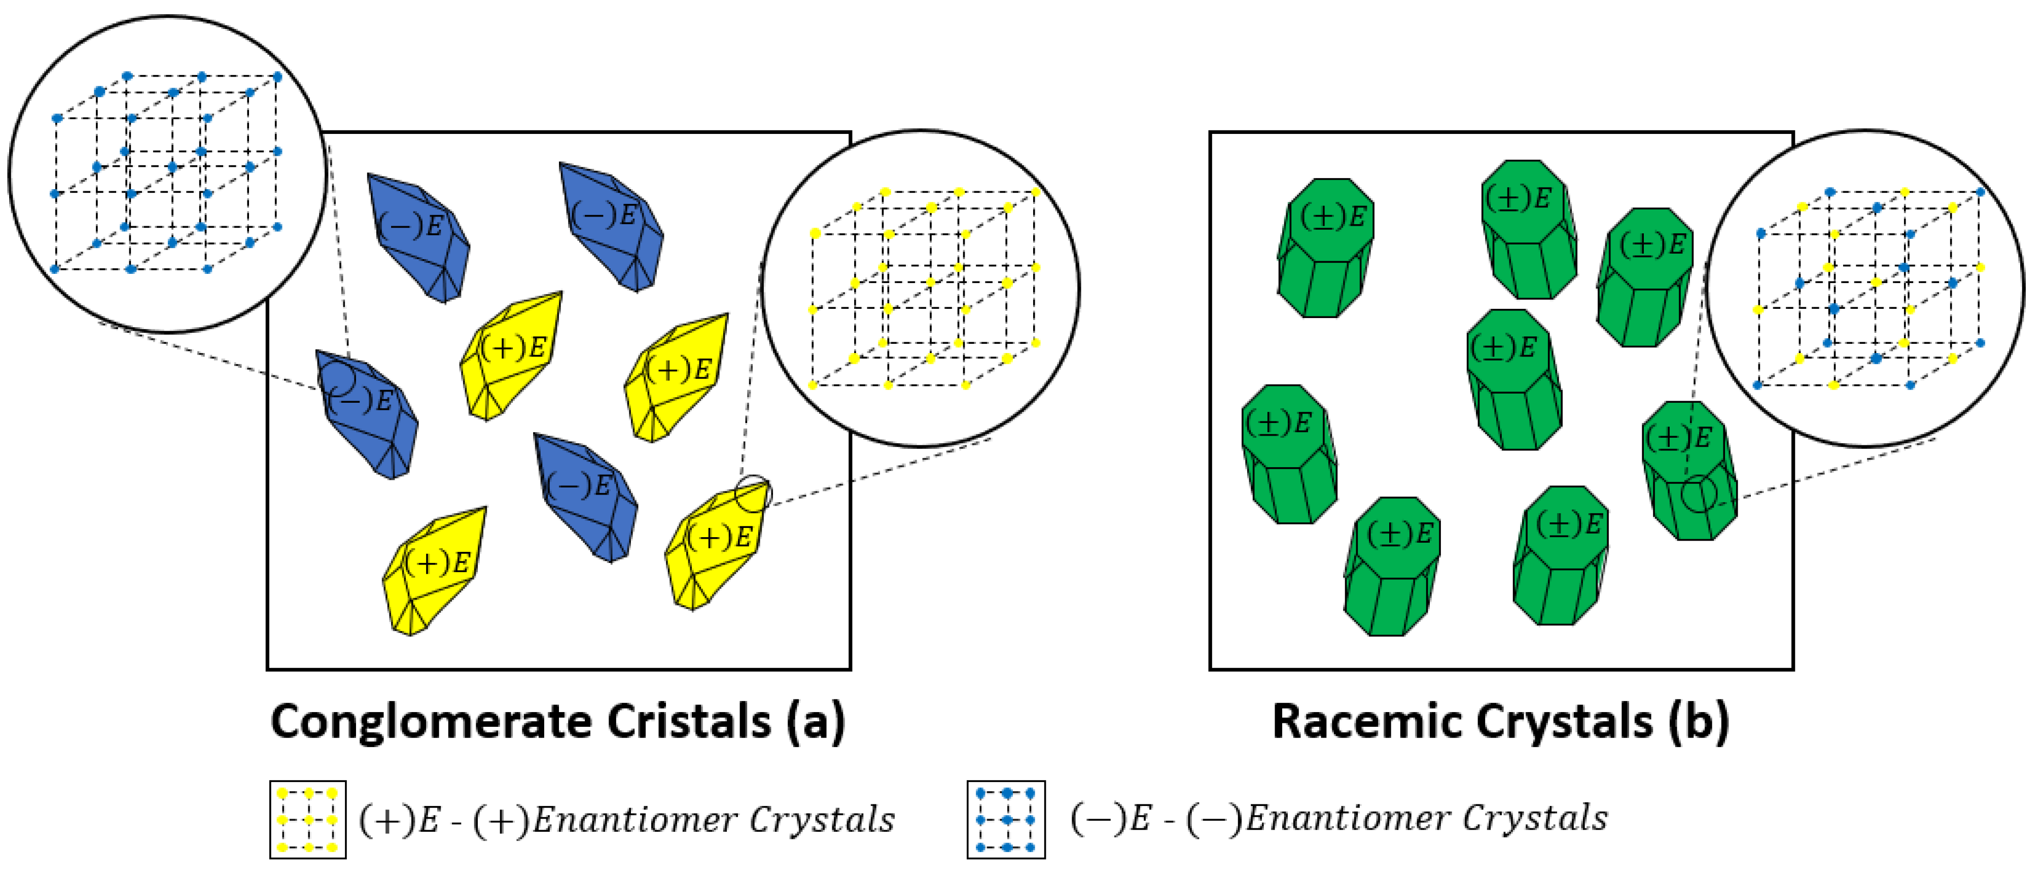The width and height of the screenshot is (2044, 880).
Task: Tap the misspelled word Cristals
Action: tap(690, 722)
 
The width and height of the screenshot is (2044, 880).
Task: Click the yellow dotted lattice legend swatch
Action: tap(308, 820)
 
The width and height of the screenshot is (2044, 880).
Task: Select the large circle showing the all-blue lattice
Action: tap(167, 173)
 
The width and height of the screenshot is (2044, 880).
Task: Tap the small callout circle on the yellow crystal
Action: tap(752, 494)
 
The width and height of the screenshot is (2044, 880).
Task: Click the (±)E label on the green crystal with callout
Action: tap(1679, 438)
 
